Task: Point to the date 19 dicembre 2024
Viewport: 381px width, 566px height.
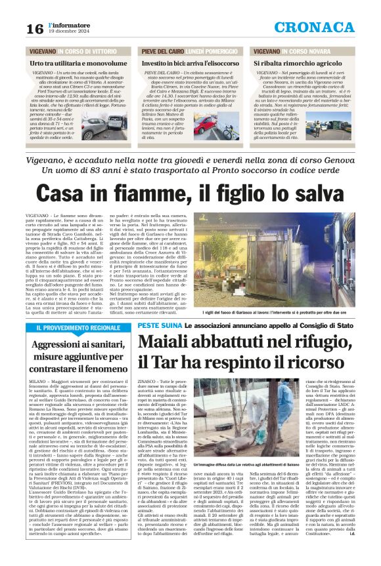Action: [x=67, y=32]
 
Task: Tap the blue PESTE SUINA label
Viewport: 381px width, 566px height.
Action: [x=156, y=325]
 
